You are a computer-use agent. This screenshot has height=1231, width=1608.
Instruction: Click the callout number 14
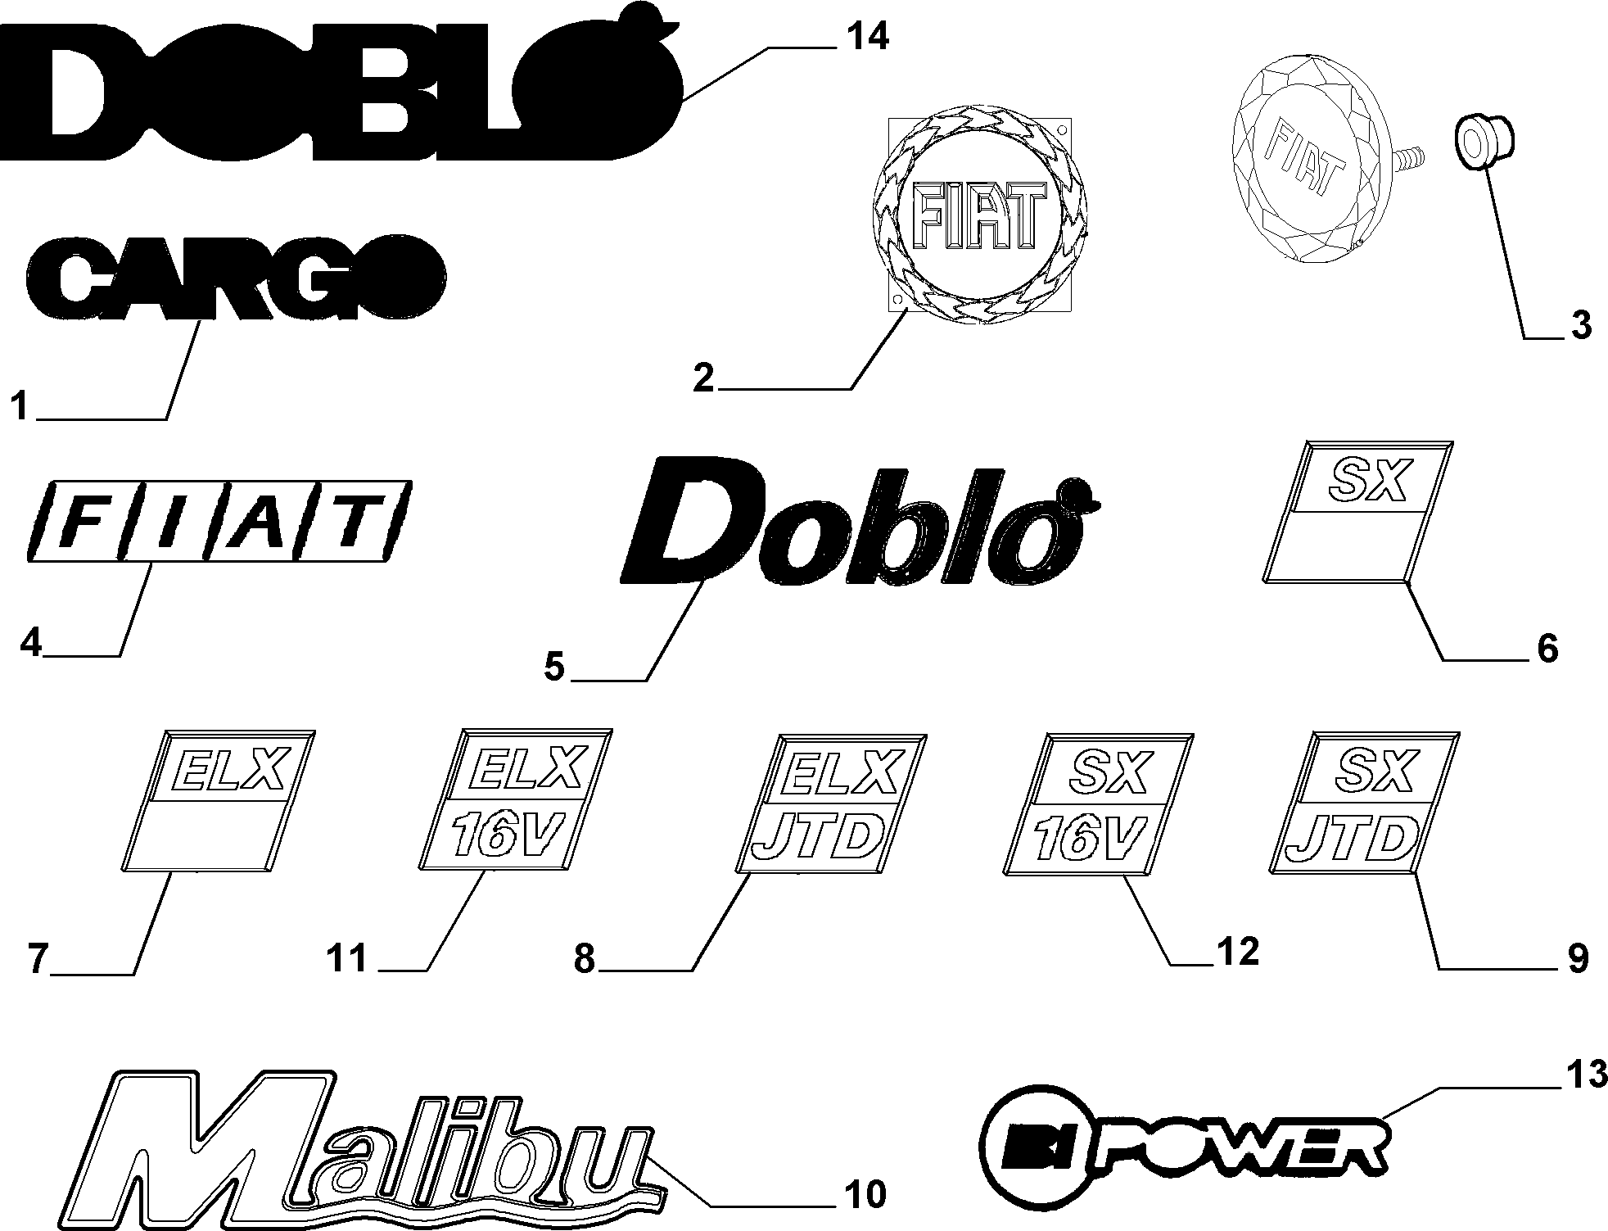(866, 38)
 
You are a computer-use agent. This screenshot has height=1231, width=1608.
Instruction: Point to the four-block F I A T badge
(219, 520)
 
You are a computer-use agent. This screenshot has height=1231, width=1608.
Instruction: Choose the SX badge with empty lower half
(1358, 513)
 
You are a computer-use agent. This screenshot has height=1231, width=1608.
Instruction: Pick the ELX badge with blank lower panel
(219, 799)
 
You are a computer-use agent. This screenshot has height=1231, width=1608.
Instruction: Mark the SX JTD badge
(1364, 804)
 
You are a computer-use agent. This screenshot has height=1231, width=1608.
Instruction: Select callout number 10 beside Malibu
(865, 1194)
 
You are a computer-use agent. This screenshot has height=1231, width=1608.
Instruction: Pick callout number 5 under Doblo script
(555, 667)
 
